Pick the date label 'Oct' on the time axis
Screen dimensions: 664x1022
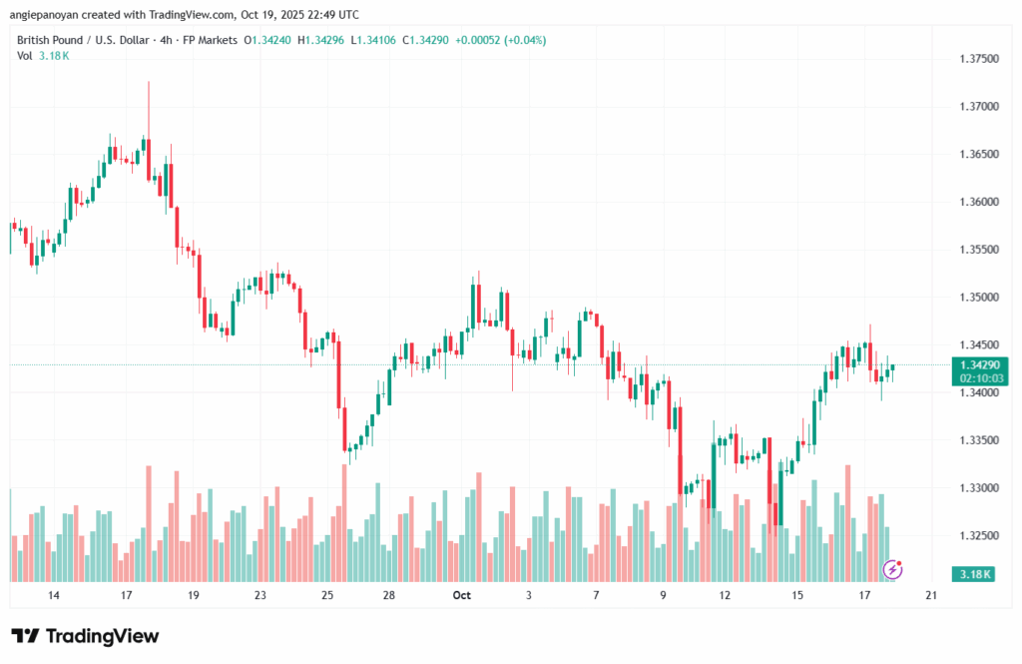[460, 595]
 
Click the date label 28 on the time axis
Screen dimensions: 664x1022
[389, 595]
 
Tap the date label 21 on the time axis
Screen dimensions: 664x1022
[931, 595]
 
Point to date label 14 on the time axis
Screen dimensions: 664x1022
[54, 595]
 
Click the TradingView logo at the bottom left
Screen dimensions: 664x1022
[85, 636]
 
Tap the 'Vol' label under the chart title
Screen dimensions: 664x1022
[24, 55]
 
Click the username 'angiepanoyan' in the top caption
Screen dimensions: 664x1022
[47, 14]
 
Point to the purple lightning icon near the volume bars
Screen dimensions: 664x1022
[894, 569]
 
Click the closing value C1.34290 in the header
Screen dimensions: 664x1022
[422, 40]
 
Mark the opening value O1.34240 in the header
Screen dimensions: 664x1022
[268, 40]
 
